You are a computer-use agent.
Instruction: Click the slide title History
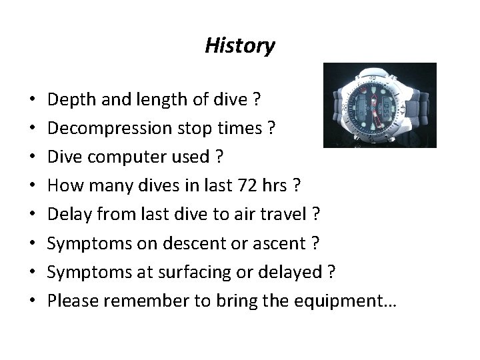pos(239,45)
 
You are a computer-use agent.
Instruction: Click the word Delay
pos(67,215)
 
